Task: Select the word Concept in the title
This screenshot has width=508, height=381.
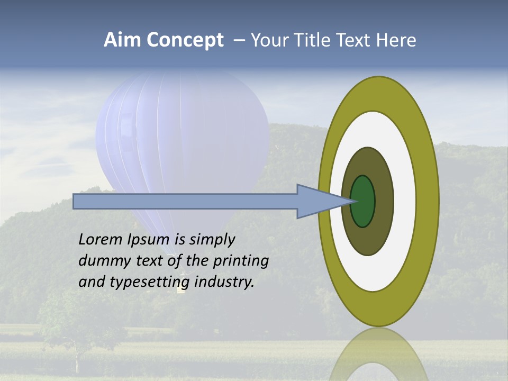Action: pyautogui.click(x=185, y=41)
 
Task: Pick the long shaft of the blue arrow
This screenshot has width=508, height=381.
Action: pyautogui.click(x=185, y=201)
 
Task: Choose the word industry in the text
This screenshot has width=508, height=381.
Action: pyautogui.click(x=224, y=282)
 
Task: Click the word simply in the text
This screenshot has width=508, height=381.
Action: pyautogui.click(x=212, y=240)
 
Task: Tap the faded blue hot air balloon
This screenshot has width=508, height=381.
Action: pyautogui.click(x=180, y=132)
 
